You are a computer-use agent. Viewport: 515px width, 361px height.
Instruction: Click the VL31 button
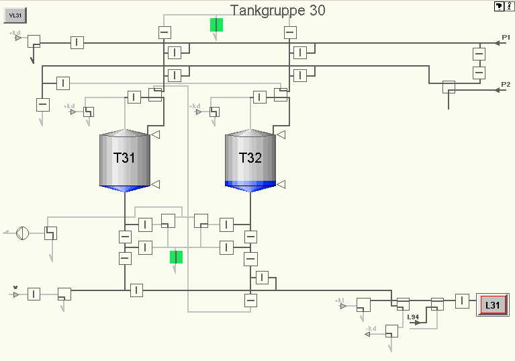point(15,15)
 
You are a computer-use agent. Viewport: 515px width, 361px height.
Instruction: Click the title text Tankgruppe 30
point(277,10)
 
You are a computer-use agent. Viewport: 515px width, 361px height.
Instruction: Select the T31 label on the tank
point(124,159)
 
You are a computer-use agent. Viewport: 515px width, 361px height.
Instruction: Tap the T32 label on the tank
point(250,159)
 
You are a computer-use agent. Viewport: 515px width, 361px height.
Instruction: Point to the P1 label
point(506,37)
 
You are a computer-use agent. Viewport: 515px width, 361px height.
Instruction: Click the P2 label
point(506,85)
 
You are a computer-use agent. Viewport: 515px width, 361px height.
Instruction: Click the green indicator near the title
point(216,25)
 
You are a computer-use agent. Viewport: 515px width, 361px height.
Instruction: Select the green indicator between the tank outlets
point(176,257)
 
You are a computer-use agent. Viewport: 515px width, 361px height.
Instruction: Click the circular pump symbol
point(22,233)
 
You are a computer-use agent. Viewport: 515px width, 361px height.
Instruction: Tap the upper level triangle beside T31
point(155,135)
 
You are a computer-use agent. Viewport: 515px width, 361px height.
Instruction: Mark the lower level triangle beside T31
point(155,184)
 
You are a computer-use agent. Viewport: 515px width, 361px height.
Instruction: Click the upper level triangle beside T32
point(281,135)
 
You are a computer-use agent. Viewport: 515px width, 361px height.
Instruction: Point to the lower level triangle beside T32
point(281,184)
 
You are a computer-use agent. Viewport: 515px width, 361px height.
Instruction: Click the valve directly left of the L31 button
point(463,300)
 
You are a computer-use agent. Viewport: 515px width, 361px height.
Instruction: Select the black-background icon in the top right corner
point(499,6)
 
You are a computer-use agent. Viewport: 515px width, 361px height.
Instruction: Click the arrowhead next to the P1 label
point(498,43)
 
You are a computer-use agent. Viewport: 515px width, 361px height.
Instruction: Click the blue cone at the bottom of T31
point(124,188)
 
